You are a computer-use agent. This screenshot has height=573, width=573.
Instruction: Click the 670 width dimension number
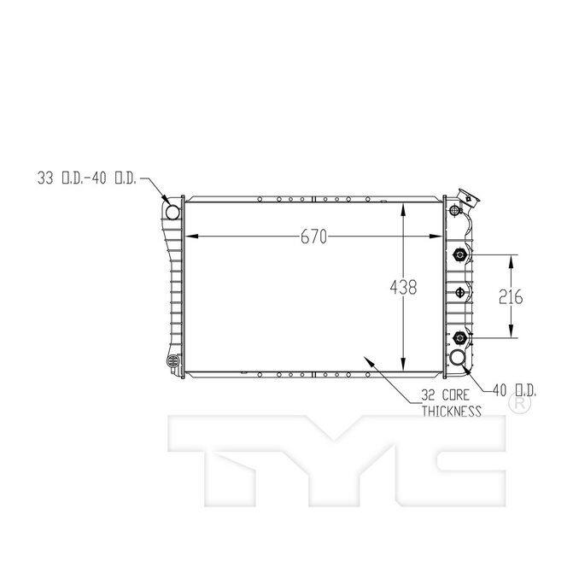[x=313, y=237]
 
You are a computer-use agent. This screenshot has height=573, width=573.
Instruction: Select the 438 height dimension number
[x=403, y=288]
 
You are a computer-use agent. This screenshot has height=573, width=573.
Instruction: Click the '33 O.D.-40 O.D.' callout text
[x=86, y=178]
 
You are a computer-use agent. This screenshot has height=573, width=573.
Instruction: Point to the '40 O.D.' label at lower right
[x=514, y=390]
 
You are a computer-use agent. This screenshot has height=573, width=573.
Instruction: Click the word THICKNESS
[x=451, y=411]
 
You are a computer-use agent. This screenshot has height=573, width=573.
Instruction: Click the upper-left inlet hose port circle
[x=173, y=211]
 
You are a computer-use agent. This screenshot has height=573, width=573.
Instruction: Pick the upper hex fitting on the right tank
[x=460, y=254]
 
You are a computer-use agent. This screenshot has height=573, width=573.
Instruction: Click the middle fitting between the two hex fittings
[x=461, y=293]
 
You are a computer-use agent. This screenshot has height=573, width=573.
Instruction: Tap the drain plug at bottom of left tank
[x=175, y=362]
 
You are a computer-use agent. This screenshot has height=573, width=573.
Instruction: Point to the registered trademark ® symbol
[x=517, y=407]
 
